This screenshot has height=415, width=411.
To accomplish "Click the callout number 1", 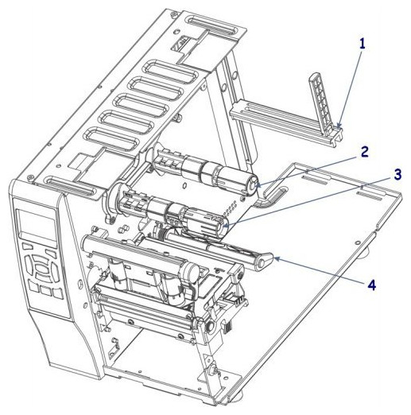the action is [x=362, y=44].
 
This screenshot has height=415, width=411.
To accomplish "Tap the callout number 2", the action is [x=363, y=152].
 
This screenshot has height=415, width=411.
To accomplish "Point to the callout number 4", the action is [x=371, y=285].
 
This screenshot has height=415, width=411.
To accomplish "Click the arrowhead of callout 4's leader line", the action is [x=277, y=258].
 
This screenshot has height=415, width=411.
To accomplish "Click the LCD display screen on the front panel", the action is [x=37, y=225].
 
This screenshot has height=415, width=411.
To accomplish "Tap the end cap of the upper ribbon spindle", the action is [x=253, y=184].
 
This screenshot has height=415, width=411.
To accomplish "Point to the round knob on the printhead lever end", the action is [x=262, y=263].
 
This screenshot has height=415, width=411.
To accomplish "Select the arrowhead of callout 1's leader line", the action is [x=339, y=126].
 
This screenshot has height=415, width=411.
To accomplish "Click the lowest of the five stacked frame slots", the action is [x=111, y=138].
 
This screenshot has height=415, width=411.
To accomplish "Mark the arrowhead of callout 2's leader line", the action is [x=258, y=185].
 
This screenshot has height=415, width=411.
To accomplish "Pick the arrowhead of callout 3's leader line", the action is [x=226, y=226].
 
